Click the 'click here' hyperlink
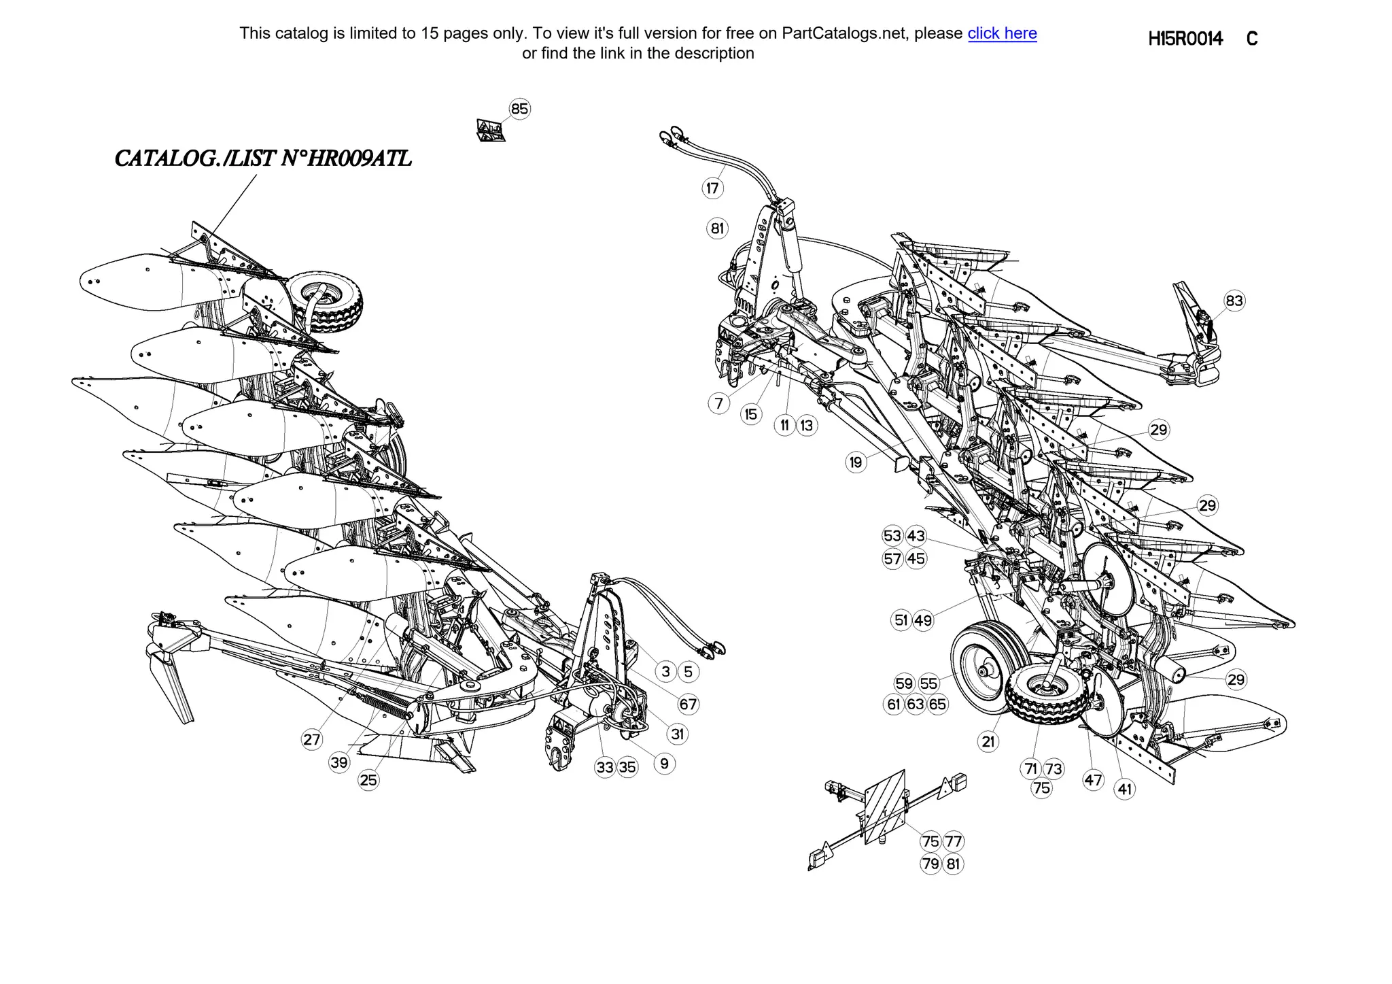[x=1002, y=33]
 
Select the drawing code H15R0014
[x=1185, y=39]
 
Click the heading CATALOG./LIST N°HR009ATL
[x=263, y=158]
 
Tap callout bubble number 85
[x=519, y=109]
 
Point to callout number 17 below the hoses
[x=712, y=188]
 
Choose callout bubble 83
[x=1234, y=301]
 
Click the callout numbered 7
[x=719, y=403]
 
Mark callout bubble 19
[x=856, y=462]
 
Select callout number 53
[x=892, y=536]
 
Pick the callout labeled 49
[x=923, y=620]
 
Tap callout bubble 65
[x=937, y=705]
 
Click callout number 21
[x=988, y=741]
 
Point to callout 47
[x=1093, y=780]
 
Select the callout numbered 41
[x=1125, y=789]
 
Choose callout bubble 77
[x=954, y=841]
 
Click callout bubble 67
[x=688, y=704]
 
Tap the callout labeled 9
[x=664, y=764]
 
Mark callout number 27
[x=311, y=739]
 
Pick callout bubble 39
[x=339, y=762]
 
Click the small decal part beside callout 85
[x=491, y=130]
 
